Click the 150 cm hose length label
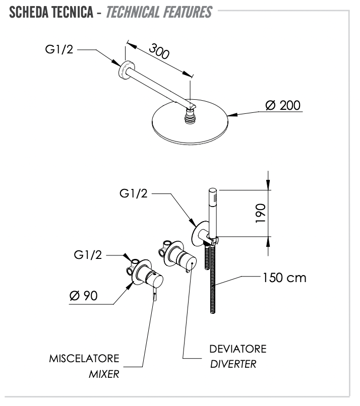[284, 278]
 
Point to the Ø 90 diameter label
[83, 296]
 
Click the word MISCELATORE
[84, 359]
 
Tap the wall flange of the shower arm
[124, 70]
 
